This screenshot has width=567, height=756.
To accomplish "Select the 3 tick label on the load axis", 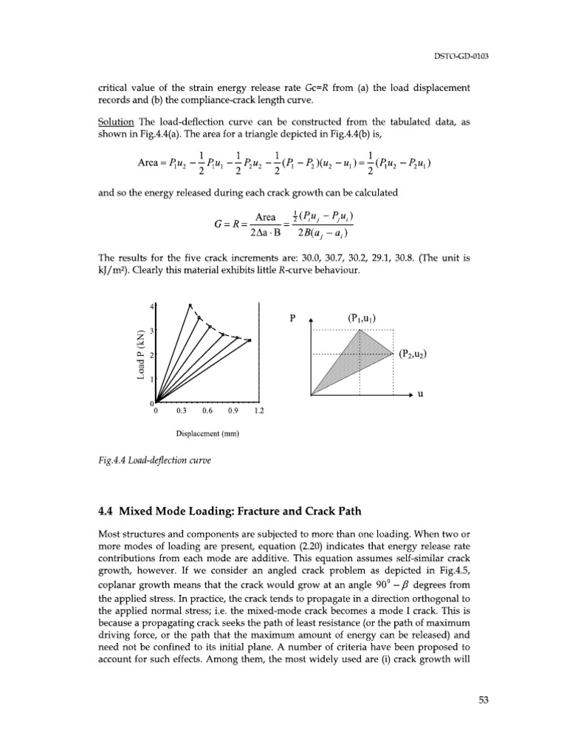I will [x=151, y=330].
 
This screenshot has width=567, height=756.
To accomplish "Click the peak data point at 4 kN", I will [x=190, y=306].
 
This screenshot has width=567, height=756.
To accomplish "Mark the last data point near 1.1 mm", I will [x=249, y=340].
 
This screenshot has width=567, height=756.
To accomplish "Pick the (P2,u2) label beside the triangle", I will [x=413, y=354].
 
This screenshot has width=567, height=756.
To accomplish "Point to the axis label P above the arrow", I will [x=292, y=319].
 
